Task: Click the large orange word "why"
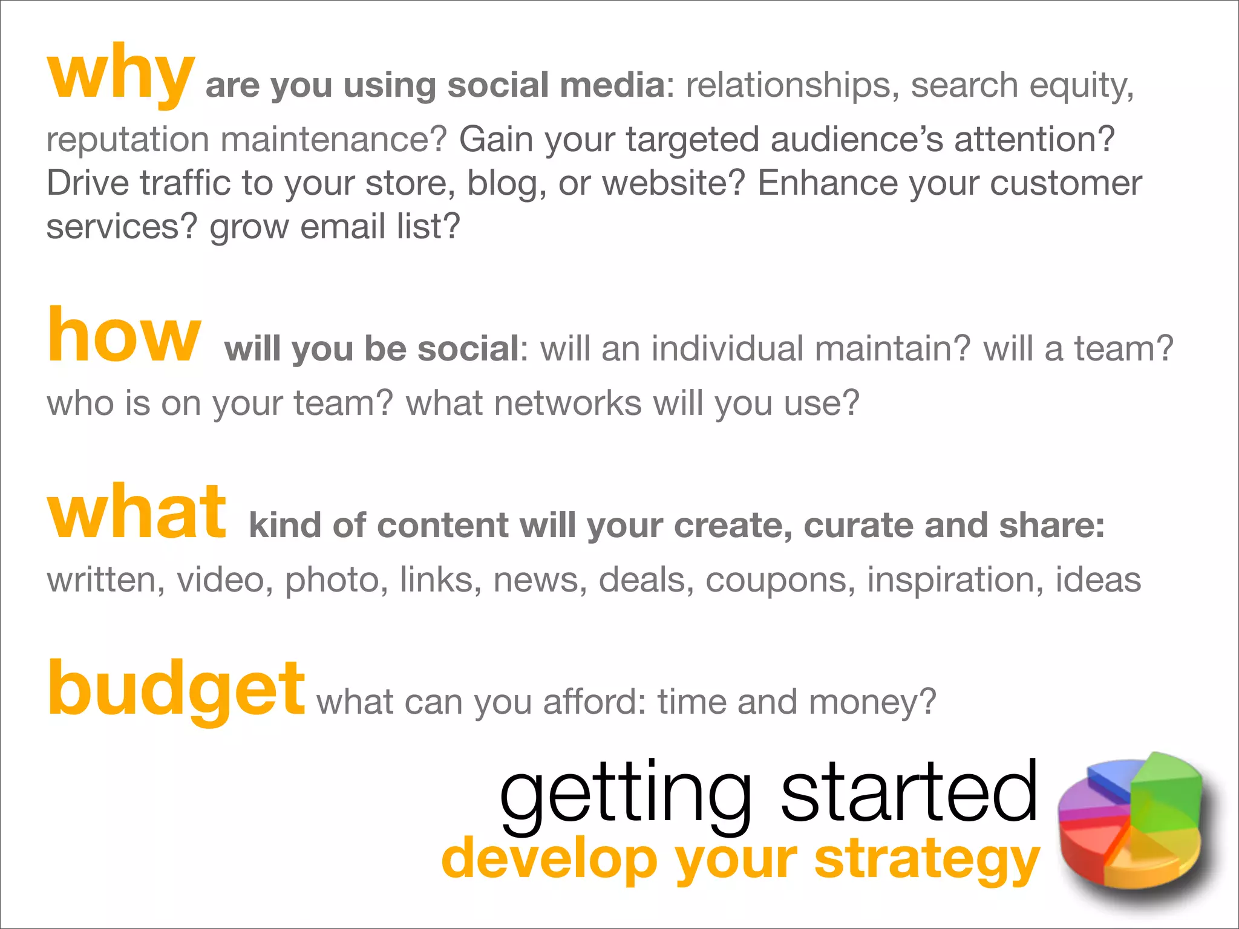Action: (121, 76)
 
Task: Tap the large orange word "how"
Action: (123, 336)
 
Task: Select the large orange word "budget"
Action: (175, 689)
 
